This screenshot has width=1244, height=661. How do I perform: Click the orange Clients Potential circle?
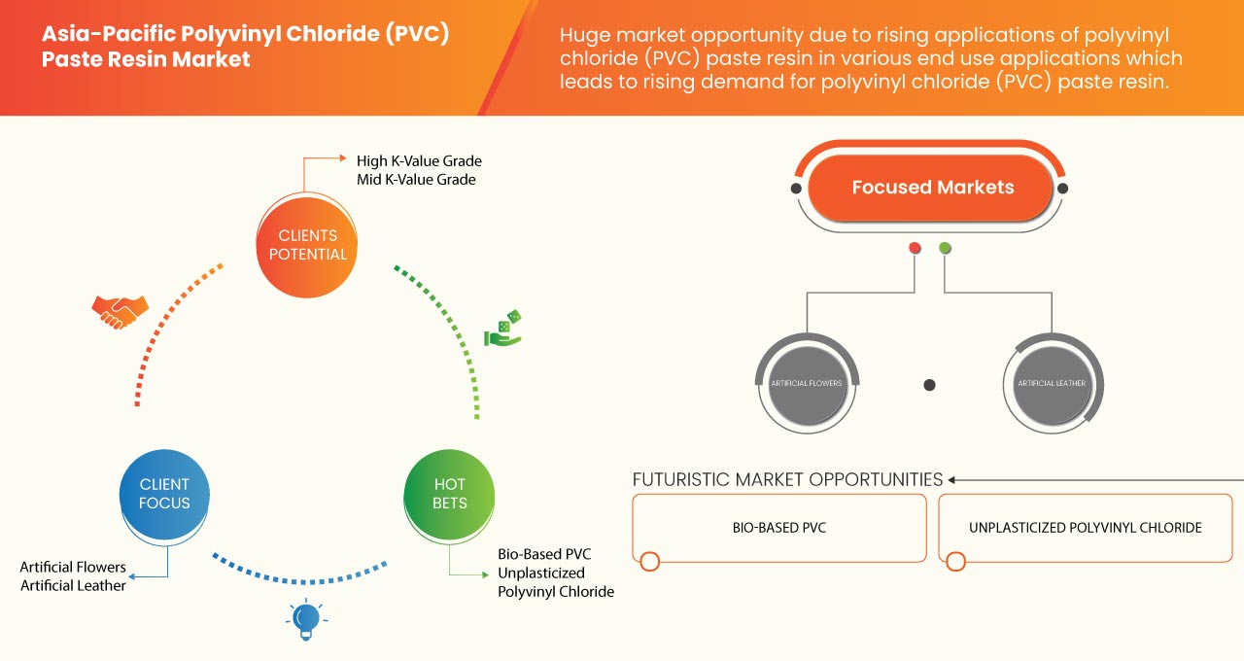click(306, 245)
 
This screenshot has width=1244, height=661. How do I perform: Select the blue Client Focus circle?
click(164, 494)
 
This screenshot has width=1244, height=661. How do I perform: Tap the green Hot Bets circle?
click(450, 494)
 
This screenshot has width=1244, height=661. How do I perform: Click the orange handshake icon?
click(120, 311)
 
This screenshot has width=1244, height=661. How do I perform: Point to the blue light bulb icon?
click(306, 617)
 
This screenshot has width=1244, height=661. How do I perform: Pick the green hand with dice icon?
click(503, 329)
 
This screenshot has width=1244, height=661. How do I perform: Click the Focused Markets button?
click(932, 188)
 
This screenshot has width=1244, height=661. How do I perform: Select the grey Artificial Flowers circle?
click(807, 383)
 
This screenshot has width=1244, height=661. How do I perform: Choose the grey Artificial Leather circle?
click(1052, 383)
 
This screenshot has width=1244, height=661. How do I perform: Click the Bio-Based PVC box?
click(778, 528)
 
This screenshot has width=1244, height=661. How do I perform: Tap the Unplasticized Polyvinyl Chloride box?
click(1085, 528)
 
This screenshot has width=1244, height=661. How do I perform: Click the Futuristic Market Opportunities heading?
click(787, 479)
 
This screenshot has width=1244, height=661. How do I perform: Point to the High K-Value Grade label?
click(419, 160)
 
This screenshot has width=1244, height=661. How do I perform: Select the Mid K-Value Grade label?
click(416, 180)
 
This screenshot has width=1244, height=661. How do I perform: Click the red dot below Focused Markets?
click(915, 249)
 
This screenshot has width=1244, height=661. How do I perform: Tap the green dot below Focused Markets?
click(945, 249)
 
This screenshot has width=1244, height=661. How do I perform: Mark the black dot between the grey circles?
click(929, 385)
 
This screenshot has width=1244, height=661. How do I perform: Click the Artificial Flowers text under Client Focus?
click(73, 567)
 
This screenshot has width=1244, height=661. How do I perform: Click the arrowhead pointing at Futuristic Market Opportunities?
click(953, 479)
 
